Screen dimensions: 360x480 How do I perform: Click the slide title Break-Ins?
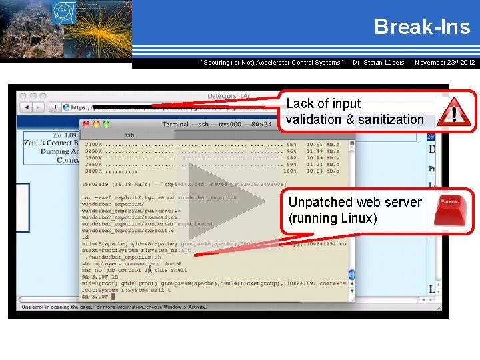point(421,27)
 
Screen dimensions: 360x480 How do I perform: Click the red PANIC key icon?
point(454,210)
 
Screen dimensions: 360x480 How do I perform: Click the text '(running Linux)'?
point(333,219)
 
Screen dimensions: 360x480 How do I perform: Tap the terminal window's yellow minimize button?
point(97,124)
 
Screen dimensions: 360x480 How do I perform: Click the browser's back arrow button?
point(25,107)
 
